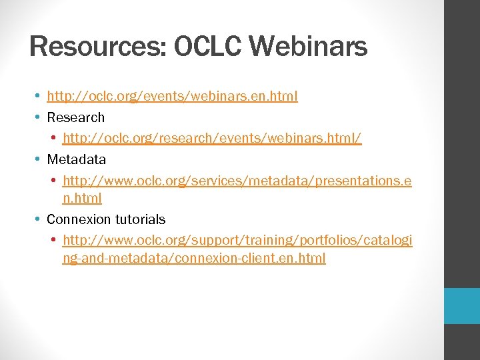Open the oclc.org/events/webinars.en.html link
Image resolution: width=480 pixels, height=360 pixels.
click(172, 97)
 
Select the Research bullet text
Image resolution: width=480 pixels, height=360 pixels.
click(75, 117)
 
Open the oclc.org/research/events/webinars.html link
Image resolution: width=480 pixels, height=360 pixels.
click(212, 138)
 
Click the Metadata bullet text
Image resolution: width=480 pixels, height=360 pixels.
click(76, 159)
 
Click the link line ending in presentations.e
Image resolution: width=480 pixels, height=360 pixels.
click(237, 180)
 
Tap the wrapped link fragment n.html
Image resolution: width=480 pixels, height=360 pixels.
click(82, 198)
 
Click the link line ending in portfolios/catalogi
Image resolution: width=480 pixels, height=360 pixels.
click(237, 240)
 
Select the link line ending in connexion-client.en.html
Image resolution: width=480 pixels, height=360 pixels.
click(193, 258)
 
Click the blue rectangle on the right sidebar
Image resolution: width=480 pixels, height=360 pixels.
click(462, 306)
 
